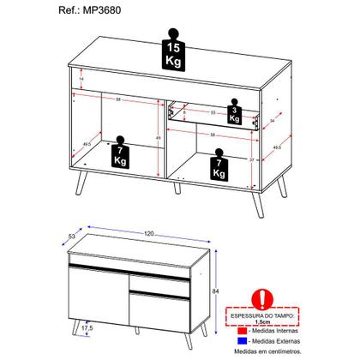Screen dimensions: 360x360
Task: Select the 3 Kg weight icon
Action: click(x=233, y=112)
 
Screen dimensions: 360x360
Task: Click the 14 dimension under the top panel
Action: click(x=80, y=78)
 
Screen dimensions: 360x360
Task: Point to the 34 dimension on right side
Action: click(x=273, y=122)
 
